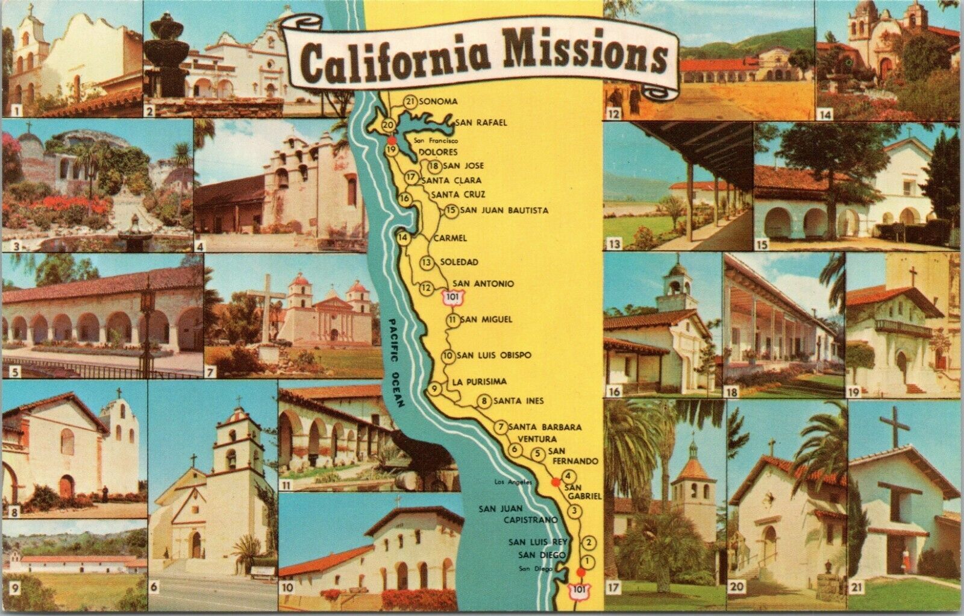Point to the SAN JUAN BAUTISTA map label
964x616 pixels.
(x=504, y=210)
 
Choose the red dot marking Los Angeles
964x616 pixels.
(x=554, y=482)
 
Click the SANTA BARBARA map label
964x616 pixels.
(x=545, y=427)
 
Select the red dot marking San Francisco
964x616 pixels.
(x=392, y=138)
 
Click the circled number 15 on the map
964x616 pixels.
(x=451, y=211)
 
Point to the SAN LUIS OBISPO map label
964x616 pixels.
(x=495, y=355)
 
